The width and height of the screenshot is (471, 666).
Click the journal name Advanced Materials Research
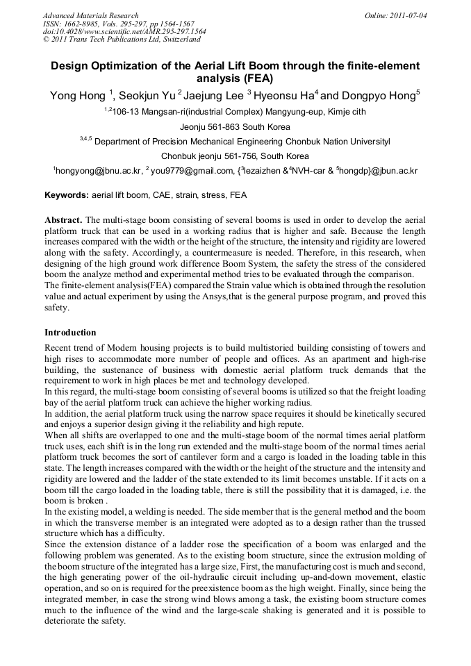coord(90,15)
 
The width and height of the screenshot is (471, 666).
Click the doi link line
coord(124,31)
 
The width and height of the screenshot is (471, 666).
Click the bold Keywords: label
coord(67,195)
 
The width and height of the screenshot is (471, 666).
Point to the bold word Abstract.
coord(64,218)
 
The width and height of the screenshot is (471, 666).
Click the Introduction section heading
coord(70,333)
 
